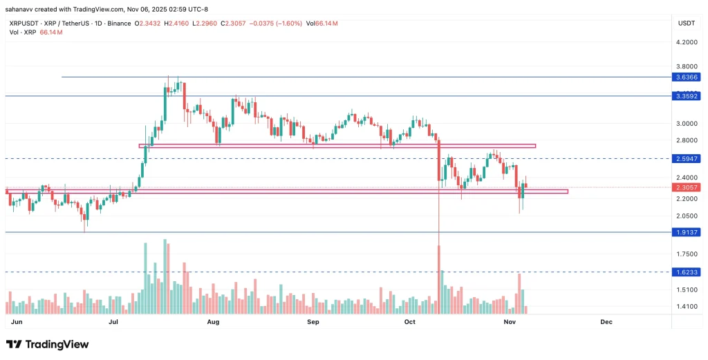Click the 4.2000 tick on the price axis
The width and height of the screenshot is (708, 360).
tap(686, 42)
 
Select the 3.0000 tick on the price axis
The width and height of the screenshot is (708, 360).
tap(686, 124)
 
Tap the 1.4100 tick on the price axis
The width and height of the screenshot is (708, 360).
tap(686, 306)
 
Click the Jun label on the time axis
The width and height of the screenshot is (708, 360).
tap(17, 322)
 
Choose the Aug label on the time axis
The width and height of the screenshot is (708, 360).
tap(213, 322)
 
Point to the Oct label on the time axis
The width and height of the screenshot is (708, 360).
tap(410, 322)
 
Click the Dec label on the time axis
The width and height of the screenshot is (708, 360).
tap(606, 322)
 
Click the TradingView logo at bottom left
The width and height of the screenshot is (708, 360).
tap(48, 344)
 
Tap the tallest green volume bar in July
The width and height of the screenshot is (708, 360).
tap(165, 276)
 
